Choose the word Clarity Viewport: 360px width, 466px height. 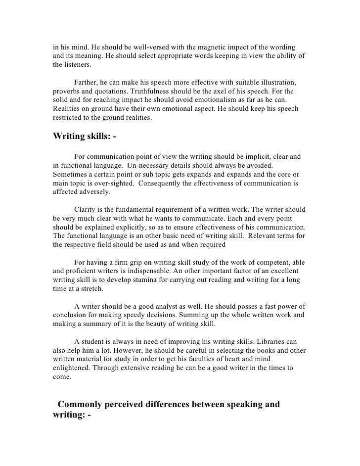coord(86,209)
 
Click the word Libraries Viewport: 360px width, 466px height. coord(279,343)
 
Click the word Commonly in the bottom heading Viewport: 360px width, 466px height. coord(87,405)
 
